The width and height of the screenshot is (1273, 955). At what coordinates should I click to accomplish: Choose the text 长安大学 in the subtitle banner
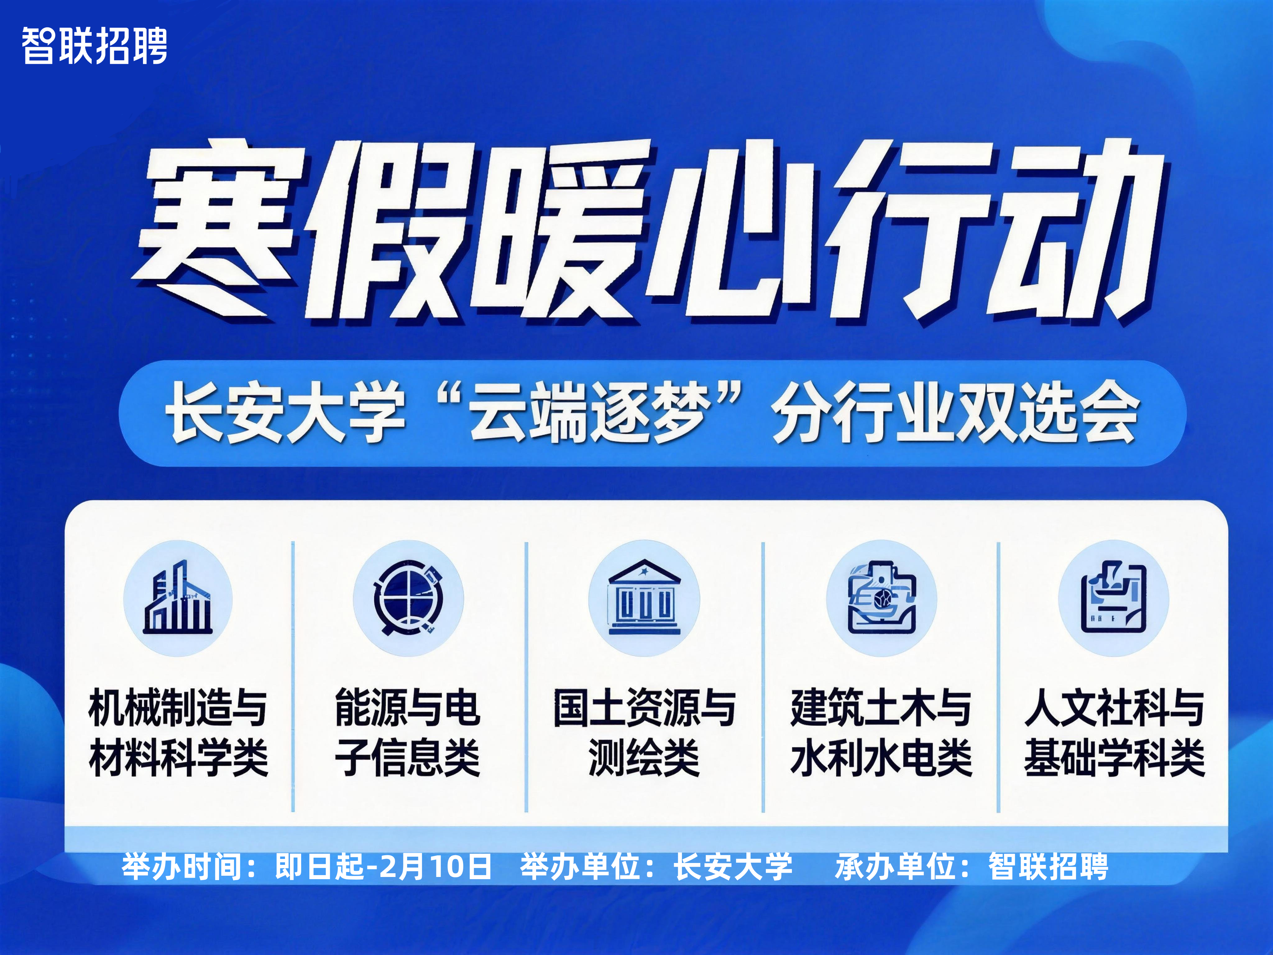pyautogui.click(x=285, y=413)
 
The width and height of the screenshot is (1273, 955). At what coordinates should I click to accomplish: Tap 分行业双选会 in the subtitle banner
pyautogui.click(x=955, y=413)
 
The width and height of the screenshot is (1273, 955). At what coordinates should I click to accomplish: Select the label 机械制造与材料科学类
pyautogui.click(x=178, y=732)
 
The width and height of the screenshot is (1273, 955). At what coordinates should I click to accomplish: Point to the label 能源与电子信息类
pyautogui.click(x=407, y=732)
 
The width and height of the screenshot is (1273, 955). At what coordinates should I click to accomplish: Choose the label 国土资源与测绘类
pyautogui.click(x=644, y=732)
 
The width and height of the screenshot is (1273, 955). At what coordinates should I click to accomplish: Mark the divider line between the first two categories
pyautogui.click(x=293, y=676)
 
